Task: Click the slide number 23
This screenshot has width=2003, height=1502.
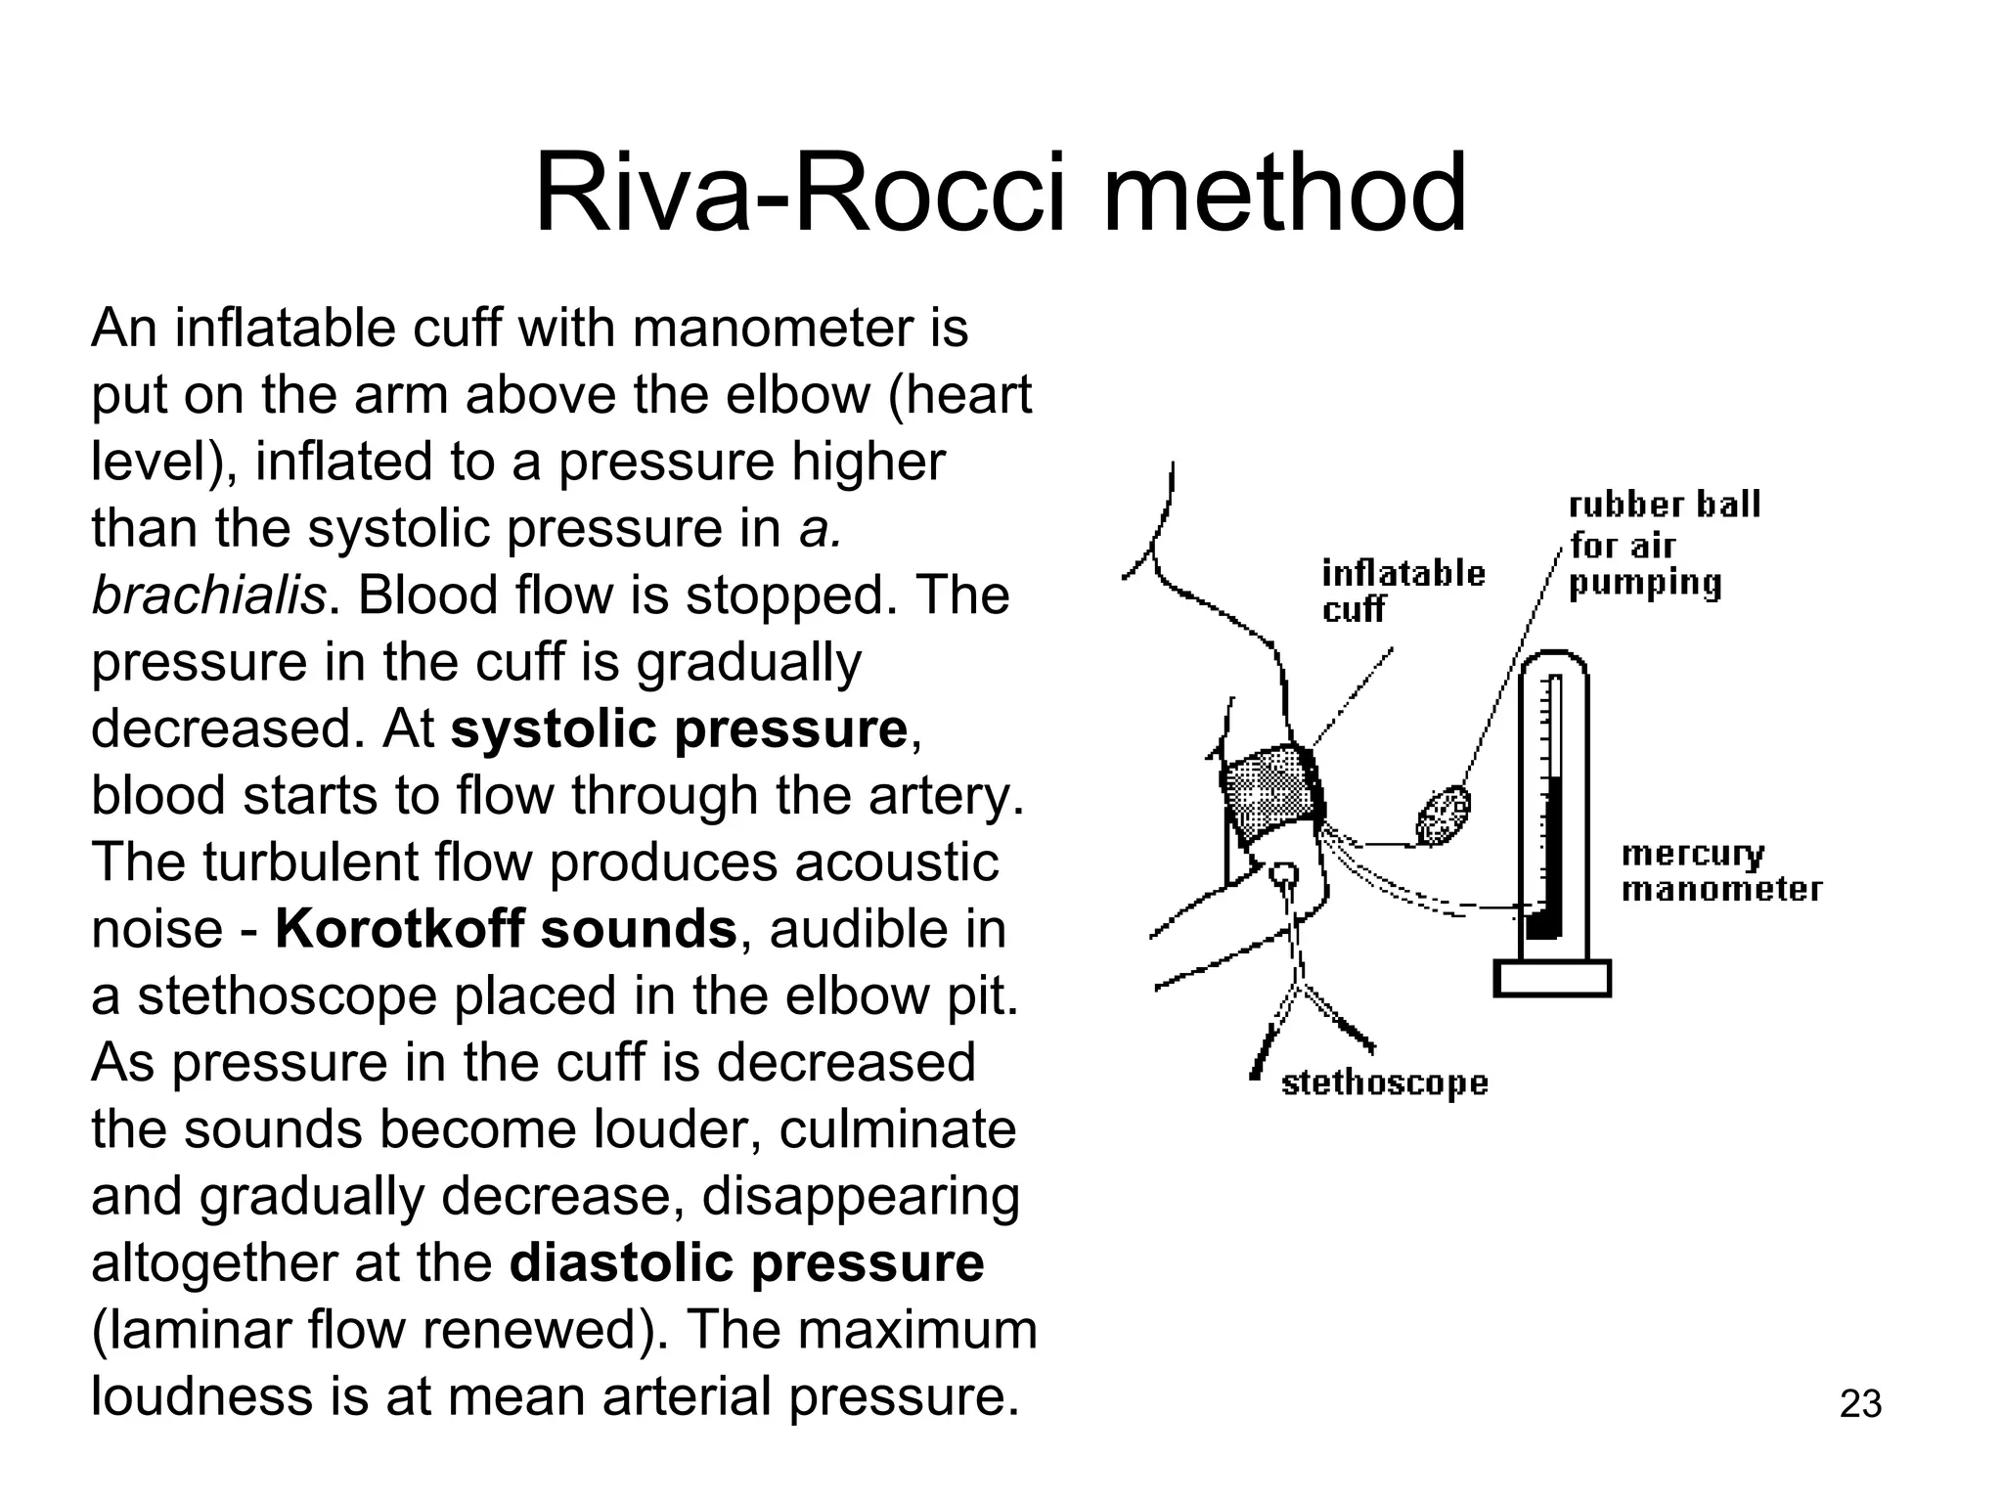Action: coord(1860,1404)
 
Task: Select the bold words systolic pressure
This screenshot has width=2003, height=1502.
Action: coord(679,729)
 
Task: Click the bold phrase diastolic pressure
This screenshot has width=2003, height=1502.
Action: coord(746,1262)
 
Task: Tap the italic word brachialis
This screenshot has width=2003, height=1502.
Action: coord(207,596)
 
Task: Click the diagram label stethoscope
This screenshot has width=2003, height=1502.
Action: coord(1384,1083)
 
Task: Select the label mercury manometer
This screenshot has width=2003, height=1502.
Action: coord(1720,871)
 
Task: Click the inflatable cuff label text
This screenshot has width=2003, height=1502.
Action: coord(1402,590)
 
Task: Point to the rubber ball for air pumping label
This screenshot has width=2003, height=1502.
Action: coord(1663,544)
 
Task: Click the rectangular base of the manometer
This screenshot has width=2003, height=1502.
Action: coord(1551,978)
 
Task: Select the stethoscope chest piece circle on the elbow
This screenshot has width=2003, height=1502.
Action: coord(1283,873)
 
